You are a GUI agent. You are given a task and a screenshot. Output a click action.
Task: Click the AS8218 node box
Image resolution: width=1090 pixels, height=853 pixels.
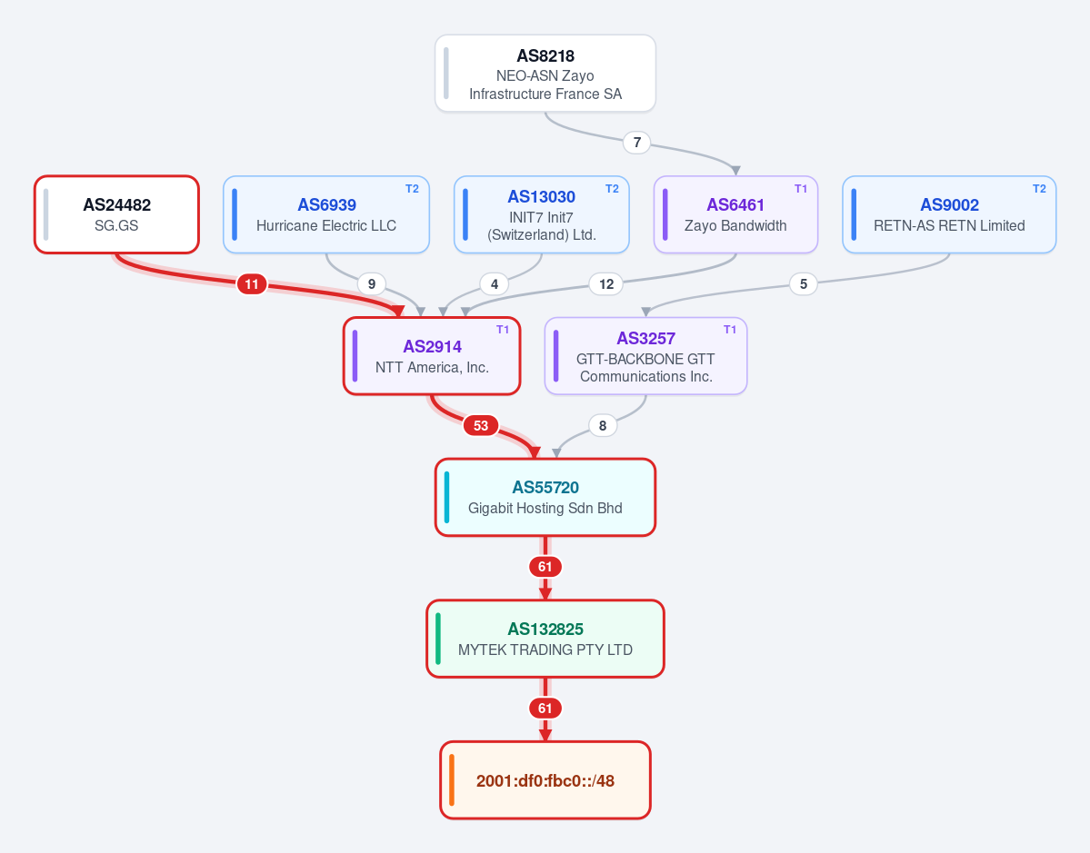click(x=545, y=73)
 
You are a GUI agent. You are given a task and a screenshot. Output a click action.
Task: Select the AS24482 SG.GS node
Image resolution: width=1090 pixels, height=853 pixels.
click(x=116, y=214)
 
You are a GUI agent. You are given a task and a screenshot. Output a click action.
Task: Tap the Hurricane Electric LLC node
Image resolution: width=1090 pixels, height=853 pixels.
click(x=326, y=214)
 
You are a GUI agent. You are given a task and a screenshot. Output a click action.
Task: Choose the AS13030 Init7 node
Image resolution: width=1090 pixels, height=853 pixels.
click(x=542, y=214)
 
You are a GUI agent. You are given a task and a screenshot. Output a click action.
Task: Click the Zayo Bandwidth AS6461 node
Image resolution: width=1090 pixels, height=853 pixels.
click(x=735, y=214)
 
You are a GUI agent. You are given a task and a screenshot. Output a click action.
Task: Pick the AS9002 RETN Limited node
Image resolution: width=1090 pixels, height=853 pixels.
click(x=949, y=214)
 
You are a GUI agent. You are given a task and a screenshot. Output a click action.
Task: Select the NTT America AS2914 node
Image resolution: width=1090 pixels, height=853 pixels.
click(x=432, y=356)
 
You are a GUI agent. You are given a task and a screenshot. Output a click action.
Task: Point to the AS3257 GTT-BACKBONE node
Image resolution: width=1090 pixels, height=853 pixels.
click(x=645, y=356)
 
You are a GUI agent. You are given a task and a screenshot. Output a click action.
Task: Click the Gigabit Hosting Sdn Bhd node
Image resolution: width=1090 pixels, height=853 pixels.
click(x=545, y=497)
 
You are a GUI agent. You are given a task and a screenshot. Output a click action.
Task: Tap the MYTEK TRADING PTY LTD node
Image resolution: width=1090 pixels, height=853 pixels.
click(x=545, y=639)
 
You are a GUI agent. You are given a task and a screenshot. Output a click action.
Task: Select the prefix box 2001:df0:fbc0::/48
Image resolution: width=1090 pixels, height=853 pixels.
click(x=545, y=780)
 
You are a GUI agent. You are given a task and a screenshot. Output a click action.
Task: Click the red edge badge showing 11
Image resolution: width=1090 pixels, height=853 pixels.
click(x=252, y=283)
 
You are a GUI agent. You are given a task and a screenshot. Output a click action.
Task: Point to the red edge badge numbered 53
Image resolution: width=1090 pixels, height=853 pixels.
click(x=481, y=425)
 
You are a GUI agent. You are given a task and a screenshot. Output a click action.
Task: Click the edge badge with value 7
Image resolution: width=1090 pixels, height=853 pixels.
click(x=636, y=143)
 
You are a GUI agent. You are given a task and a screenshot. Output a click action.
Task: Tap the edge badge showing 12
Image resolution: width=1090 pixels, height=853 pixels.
click(x=606, y=283)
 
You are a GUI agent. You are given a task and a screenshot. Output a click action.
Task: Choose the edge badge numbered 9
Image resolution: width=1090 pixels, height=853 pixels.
click(x=372, y=283)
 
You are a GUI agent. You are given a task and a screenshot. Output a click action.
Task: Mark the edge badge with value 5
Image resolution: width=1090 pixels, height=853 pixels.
click(x=804, y=283)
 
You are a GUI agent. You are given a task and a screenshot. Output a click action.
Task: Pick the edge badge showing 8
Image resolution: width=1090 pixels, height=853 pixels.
click(x=603, y=425)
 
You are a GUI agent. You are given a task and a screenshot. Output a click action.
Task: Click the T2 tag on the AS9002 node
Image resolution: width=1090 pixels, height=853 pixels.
click(x=1039, y=189)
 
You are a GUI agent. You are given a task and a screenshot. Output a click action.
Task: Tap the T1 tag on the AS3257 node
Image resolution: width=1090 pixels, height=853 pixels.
click(x=730, y=330)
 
